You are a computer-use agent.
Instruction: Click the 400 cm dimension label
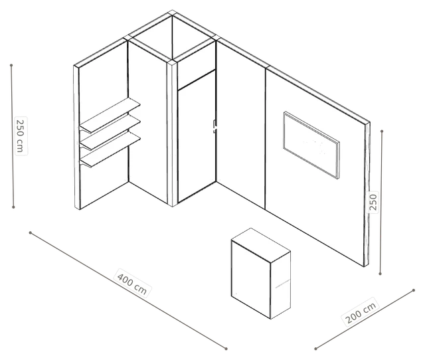coord(132,283)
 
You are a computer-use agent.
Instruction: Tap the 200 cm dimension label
coord(361,313)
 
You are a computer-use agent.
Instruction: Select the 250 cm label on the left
coord(21,135)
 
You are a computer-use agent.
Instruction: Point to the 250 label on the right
coord(373,202)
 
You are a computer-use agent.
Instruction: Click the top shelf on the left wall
coord(110,115)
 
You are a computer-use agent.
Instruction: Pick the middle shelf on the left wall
coord(110,132)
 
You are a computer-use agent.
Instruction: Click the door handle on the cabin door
coord(214,126)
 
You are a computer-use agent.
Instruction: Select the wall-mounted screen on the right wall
coord(311,145)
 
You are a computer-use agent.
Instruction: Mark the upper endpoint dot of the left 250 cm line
coord(11,65)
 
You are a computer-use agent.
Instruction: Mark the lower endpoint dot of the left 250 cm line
coord(13,207)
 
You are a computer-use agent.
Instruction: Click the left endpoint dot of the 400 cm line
coord(31,232)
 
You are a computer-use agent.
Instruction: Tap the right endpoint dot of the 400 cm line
coord(226,349)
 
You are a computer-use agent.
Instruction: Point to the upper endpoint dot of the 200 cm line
coord(414,290)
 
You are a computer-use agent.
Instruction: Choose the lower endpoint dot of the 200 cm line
coord(316,349)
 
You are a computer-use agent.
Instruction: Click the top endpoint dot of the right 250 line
coord(382,132)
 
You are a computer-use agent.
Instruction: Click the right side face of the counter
coord(280,285)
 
